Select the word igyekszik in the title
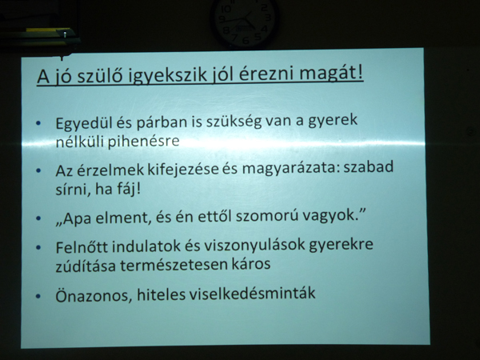[x=167, y=76]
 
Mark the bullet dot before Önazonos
[x=38, y=296]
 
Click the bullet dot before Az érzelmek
[x=38, y=170]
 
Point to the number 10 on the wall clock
[x=226, y=9]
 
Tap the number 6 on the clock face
[x=246, y=40]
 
